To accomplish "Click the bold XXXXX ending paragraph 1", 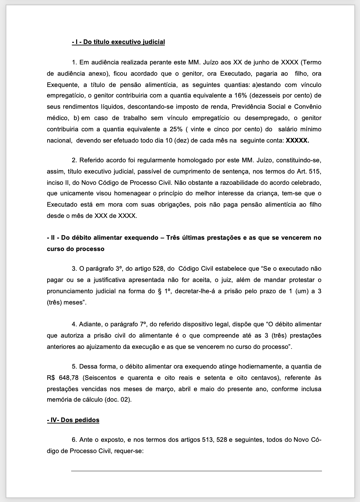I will tap(297, 140).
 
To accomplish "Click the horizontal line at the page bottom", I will tap(196, 471).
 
